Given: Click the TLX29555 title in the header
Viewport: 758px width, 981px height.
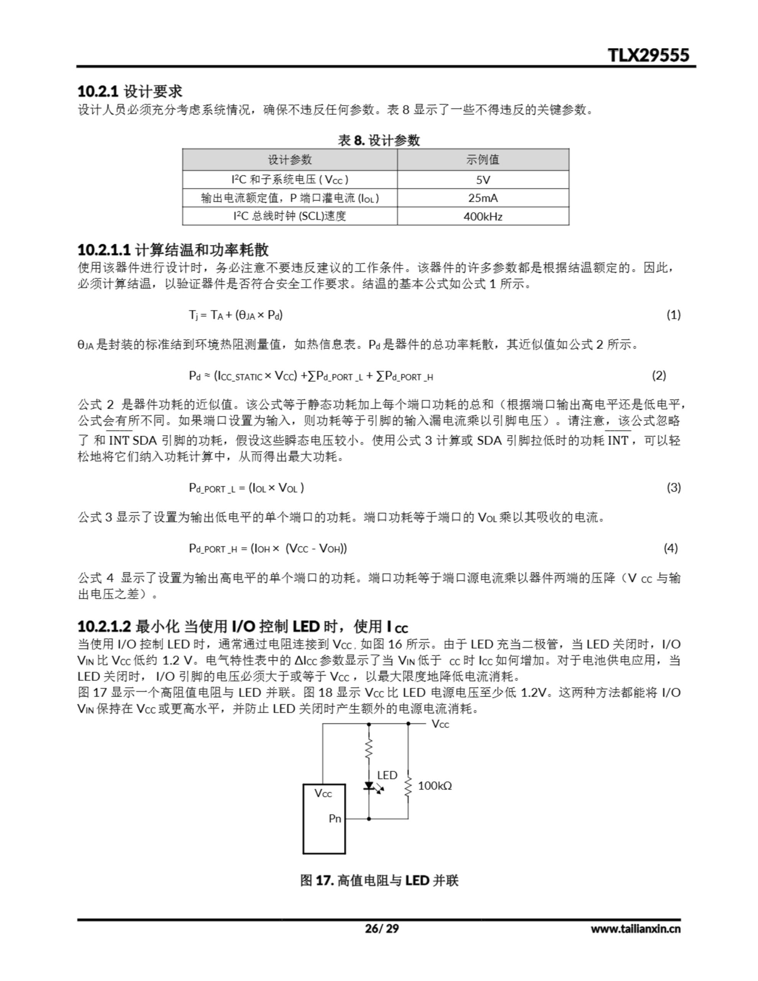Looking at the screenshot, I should click(648, 55).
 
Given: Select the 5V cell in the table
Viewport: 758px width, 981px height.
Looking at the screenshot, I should click(483, 180).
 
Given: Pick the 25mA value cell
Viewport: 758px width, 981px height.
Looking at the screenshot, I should click(483, 198).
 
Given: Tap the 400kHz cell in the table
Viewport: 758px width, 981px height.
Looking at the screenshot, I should click(483, 217).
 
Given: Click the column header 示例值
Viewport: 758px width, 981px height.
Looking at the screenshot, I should click(483, 159).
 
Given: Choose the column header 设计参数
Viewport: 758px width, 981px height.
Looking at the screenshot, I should click(290, 159).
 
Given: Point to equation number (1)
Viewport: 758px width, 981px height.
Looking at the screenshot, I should click(673, 315).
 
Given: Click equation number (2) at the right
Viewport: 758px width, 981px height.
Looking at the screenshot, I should click(659, 376).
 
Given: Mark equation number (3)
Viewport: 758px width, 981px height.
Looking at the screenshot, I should click(673, 487).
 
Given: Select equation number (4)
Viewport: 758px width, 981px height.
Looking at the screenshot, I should click(670, 548).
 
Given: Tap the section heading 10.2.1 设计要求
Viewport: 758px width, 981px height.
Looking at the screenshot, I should click(130, 92).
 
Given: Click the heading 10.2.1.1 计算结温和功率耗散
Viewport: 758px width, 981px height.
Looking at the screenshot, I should click(173, 250).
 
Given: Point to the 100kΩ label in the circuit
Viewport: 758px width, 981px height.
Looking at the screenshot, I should click(435, 786).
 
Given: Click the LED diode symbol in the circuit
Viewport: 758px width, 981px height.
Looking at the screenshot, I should click(369, 786).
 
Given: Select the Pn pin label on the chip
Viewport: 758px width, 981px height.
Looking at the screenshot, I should click(335, 819).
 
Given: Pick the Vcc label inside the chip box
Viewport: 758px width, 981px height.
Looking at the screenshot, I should click(323, 793).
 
